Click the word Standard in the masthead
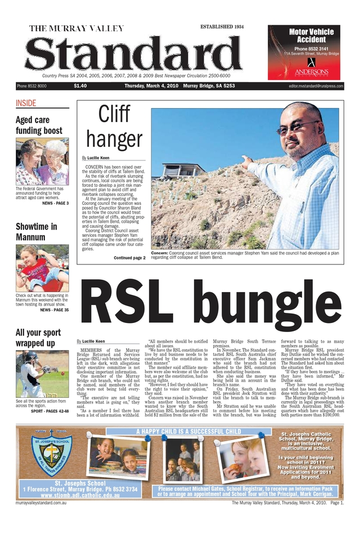(x=133, y=56)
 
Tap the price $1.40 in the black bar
(x=80, y=86)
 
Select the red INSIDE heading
(x=26, y=104)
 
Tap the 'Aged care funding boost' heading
(x=39, y=125)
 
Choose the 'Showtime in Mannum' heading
(x=37, y=232)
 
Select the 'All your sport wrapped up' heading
(x=38, y=338)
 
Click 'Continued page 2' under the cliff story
(x=129, y=258)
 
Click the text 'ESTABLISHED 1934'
(x=222, y=27)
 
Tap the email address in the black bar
(x=316, y=86)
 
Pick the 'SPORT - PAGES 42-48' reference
(x=49, y=411)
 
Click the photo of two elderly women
(x=42, y=162)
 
